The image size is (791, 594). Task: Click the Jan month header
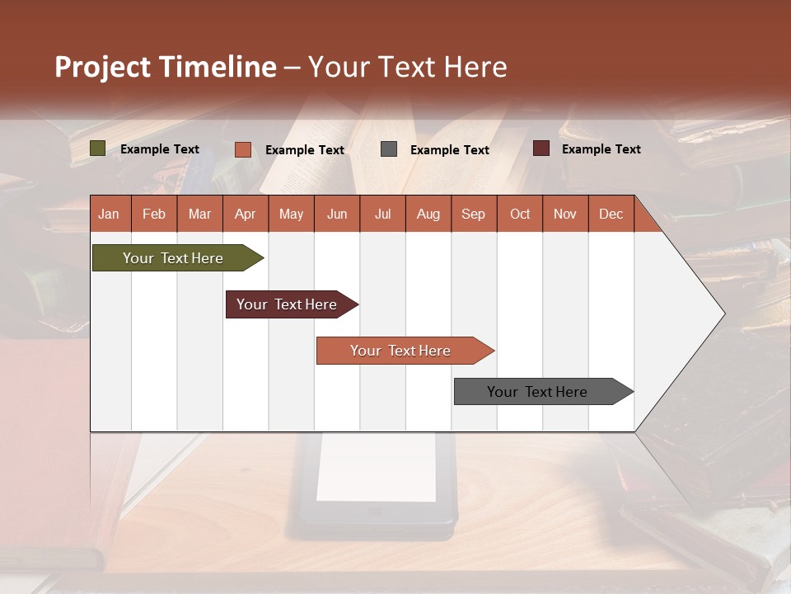[x=110, y=214]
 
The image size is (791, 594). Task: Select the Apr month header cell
[x=246, y=214]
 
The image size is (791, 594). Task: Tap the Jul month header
[x=382, y=214]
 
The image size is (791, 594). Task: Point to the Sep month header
[x=474, y=214]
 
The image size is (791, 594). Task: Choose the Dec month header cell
[x=611, y=214]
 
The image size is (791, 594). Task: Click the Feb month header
[x=154, y=214]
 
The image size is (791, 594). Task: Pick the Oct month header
[x=520, y=214]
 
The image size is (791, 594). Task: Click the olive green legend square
[x=98, y=148]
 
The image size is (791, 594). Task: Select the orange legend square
[x=243, y=149]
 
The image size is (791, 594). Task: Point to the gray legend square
[x=389, y=149]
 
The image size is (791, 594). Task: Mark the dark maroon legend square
[x=541, y=148]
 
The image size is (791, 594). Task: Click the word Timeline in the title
[x=217, y=67]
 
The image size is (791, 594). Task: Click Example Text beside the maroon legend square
[x=601, y=149]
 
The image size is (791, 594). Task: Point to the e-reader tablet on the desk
[x=377, y=487]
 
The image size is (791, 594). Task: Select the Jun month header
[x=337, y=214]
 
